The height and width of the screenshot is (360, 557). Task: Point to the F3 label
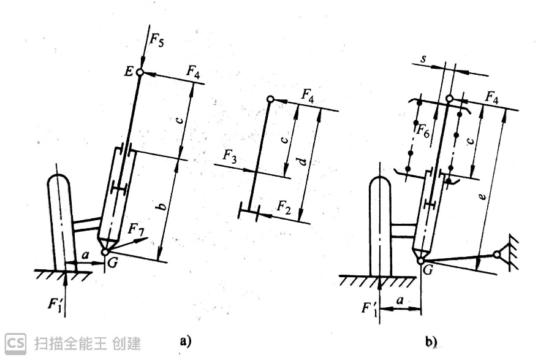tap(230, 156)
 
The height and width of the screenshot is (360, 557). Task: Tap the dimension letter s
tap(425, 58)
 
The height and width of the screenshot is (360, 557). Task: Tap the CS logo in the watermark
tap(17, 342)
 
